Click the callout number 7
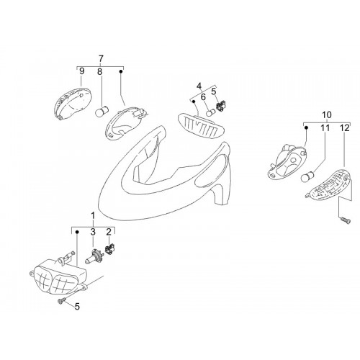(101, 58)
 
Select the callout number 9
(82, 71)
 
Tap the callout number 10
(327, 115)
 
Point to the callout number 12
(345, 128)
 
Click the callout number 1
(94, 216)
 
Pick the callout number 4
(199, 86)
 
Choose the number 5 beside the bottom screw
(77, 307)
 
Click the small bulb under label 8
(102, 112)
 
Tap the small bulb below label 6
(212, 111)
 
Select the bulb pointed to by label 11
(307, 176)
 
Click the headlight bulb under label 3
(94, 256)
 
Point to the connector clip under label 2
(110, 249)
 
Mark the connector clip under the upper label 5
(220, 106)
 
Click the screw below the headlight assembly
(62, 301)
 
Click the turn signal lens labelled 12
(328, 184)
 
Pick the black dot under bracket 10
(306, 128)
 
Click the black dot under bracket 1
(77, 232)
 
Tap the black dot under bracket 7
(121, 71)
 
